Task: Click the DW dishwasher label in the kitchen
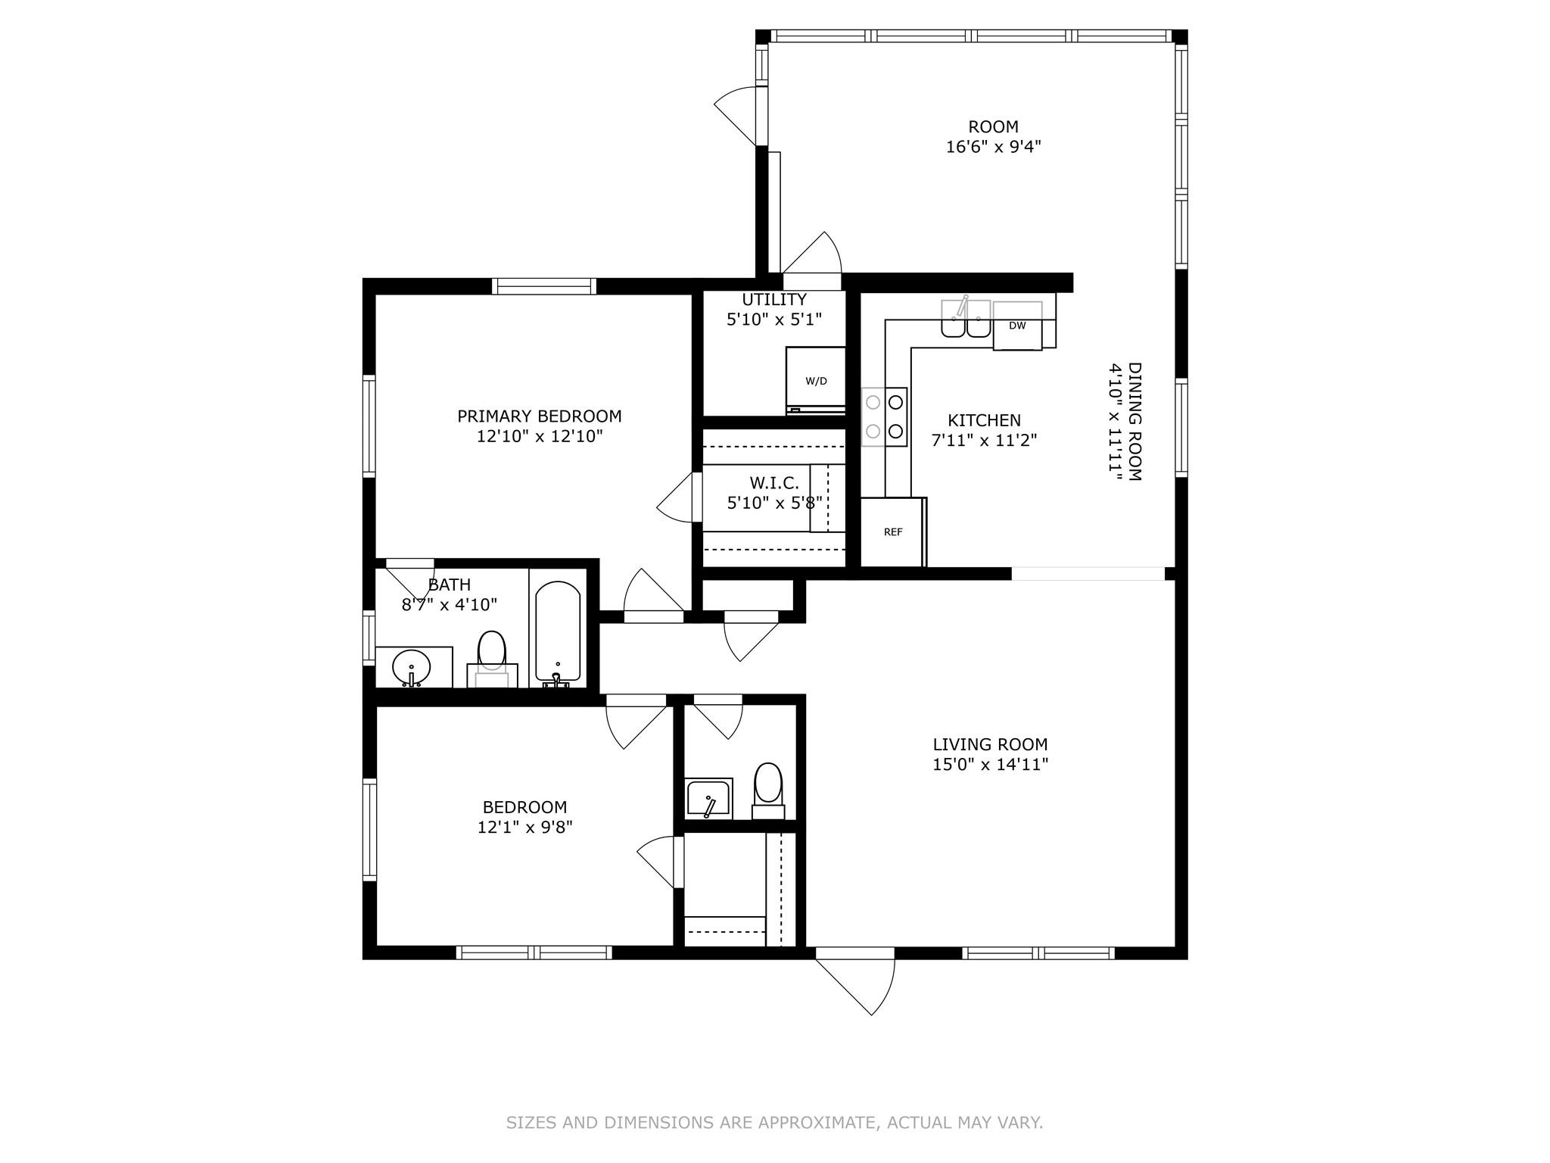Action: (1017, 326)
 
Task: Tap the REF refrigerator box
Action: (893, 532)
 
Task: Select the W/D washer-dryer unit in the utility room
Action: (816, 380)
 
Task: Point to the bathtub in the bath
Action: (558, 633)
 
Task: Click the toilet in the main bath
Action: (491, 658)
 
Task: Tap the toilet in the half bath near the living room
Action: (768, 790)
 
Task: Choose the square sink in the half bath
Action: (708, 799)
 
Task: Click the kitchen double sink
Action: (966, 318)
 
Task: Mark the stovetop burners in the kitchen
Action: (885, 416)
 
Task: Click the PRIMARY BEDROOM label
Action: (540, 416)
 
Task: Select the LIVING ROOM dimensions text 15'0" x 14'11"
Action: (990, 765)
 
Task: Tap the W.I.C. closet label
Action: (774, 482)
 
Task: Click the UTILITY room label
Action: (774, 300)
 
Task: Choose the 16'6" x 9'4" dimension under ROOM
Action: (994, 147)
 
